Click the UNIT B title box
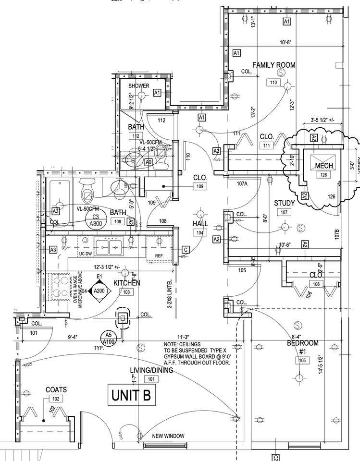131,395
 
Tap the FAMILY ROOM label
274,65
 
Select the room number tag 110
274,83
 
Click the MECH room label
324,166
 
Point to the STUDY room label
284,204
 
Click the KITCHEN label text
127,283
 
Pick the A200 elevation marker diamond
99,291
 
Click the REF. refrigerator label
159,255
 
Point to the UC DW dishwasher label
85,254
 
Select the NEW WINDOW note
168,436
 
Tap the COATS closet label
56,390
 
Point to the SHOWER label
139,86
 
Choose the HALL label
200,224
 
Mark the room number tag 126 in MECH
324,175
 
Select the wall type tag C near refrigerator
185,249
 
